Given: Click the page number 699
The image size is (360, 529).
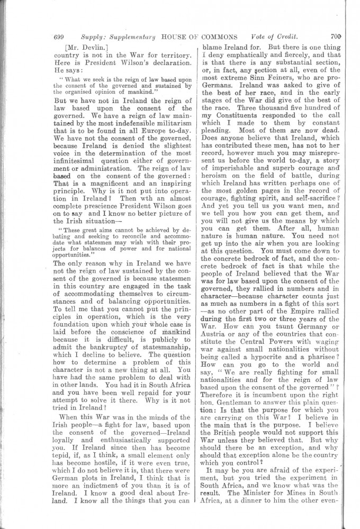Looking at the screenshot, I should (x=59, y=37).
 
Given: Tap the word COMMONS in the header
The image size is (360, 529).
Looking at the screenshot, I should (x=222, y=37).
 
